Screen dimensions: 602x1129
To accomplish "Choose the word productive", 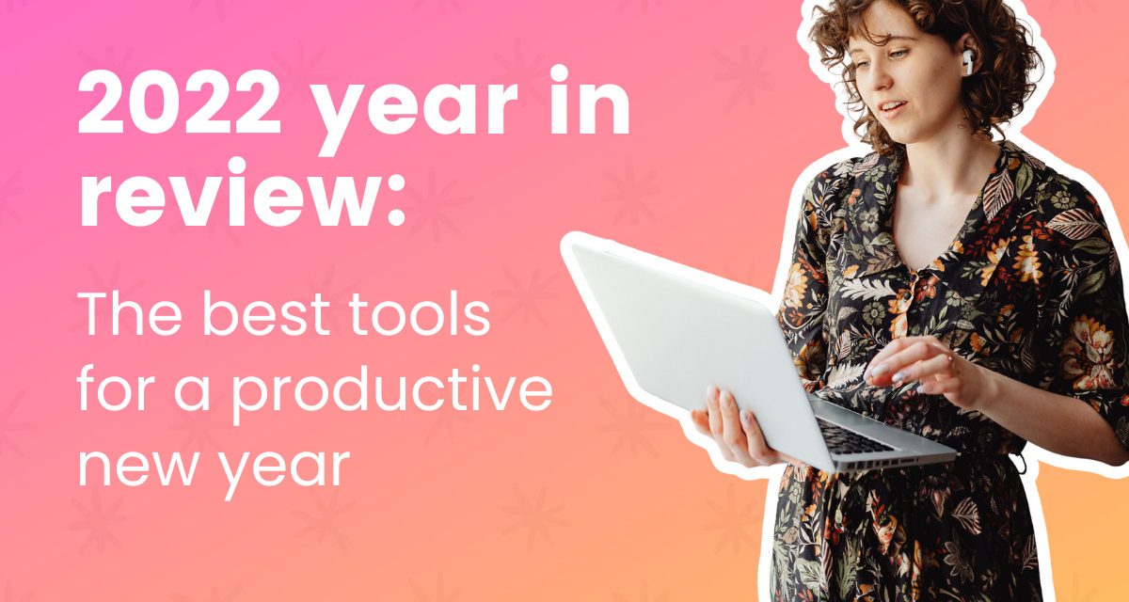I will (x=391, y=391).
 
